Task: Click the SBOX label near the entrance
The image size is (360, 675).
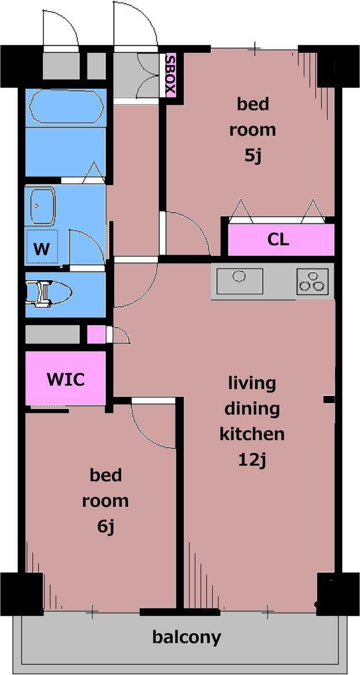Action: pyautogui.click(x=171, y=75)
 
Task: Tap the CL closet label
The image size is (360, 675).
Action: pyautogui.click(x=278, y=239)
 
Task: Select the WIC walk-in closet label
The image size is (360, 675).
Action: pyautogui.click(x=66, y=379)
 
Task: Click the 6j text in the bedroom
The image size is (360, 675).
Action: pyautogui.click(x=106, y=527)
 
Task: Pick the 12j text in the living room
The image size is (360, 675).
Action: pyautogui.click(x=253, y=460)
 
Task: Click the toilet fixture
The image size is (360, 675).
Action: pyautogui.click(x=49, y=295)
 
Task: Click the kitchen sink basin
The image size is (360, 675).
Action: pyautogui.click(x=239, y=281)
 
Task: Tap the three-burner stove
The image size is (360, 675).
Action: pyautogui.click(x=312, y=281)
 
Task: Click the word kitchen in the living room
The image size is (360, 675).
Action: pyautogui.click(x=252, y=434)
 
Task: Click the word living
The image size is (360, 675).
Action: pyautogui.click(x=252, y=383)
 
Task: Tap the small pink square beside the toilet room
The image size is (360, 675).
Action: pyautogui.click(x=96, y=335)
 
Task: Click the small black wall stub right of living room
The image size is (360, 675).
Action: pyautogui.click(x=329, y=400)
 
